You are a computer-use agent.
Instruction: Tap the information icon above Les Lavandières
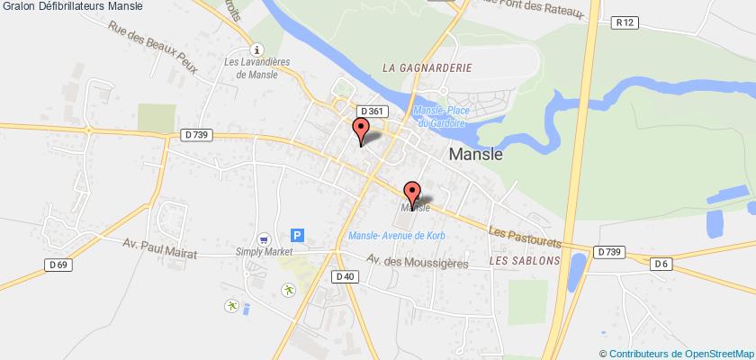click(x=258, y=50)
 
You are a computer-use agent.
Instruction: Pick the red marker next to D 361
click(x=361, y=131)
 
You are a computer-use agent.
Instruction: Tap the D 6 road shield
click(x=662, y=262)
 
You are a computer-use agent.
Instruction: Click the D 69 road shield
click(x=57, y=262)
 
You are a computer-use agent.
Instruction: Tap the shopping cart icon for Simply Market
click(x=263, y=239)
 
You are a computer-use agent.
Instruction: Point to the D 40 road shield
click(x=345, y=276)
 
